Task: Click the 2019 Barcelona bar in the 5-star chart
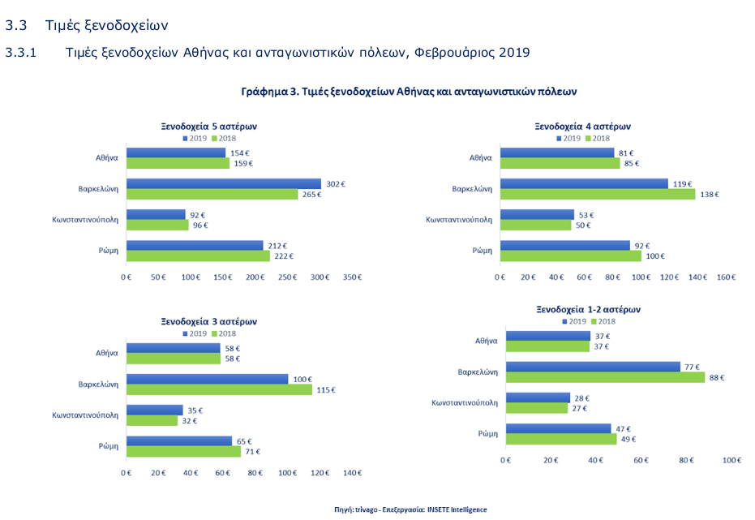pos(223,184)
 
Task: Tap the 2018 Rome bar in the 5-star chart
pos(198,256)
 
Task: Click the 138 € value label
pos(710,195)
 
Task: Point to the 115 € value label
pos(325,390)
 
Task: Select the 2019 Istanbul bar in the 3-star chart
pos(154,410)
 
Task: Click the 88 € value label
pos(716,377)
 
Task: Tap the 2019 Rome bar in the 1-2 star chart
pos(558,428)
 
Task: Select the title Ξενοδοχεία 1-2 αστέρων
pos(589,310)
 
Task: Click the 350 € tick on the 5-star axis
pos(352,277)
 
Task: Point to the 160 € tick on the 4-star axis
pos(725,277)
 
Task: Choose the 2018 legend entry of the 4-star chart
pos(598,139)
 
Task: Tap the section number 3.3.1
pos(22,53)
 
